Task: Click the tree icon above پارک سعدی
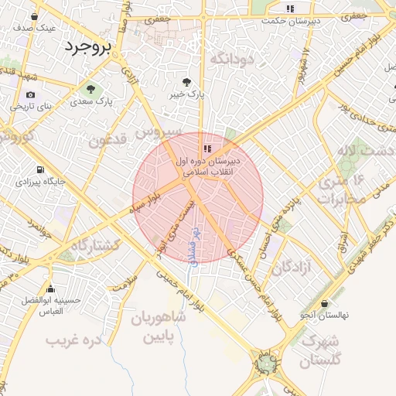pos(92,88)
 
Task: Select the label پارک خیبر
pos(186,94)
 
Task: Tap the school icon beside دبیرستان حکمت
pos(290,9)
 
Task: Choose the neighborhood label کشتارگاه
pos(97,244)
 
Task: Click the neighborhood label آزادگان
pos(292,267)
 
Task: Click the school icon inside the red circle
pos(207,148)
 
